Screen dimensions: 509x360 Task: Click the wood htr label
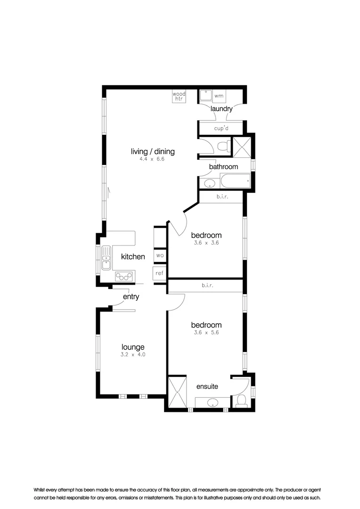(179, 96)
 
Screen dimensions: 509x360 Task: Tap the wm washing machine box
(219, 96)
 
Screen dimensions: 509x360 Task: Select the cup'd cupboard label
(221, 128)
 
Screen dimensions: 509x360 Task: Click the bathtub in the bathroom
(235, 181)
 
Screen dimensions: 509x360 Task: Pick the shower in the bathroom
(242, 147)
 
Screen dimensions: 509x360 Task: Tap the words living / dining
(153, 151)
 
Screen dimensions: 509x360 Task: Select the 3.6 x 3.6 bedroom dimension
(206, 243)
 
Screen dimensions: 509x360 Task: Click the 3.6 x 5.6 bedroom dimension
(206, 332)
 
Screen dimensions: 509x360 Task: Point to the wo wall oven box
(160, 255)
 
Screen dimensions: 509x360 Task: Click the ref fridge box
(160, 273)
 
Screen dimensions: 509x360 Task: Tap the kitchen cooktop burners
(125, 276)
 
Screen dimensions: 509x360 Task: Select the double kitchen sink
(106, 258)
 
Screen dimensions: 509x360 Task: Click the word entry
(131, 296)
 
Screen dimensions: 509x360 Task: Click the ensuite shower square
(178, 391)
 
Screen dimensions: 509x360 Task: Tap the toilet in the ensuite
(242, 400)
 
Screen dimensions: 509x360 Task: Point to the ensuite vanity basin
(213, 402)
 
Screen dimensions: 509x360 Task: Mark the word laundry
(221, 109)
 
